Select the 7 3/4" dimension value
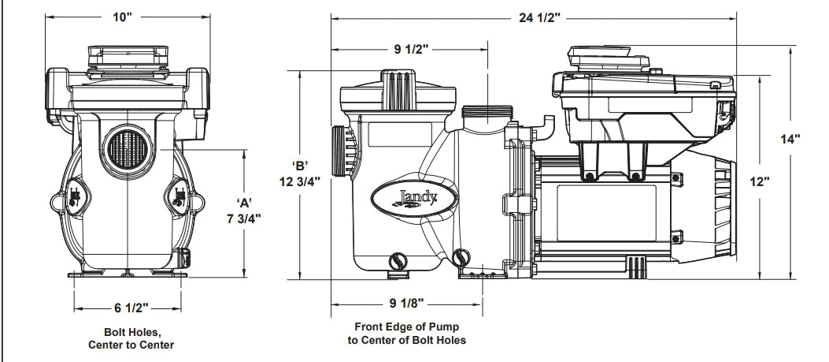coord(243,218)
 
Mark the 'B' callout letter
coord(300,165)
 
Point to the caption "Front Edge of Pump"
coord(406,326)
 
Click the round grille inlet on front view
coord(128,147)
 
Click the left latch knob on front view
coord(74,198)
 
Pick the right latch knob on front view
coord(179,198)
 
